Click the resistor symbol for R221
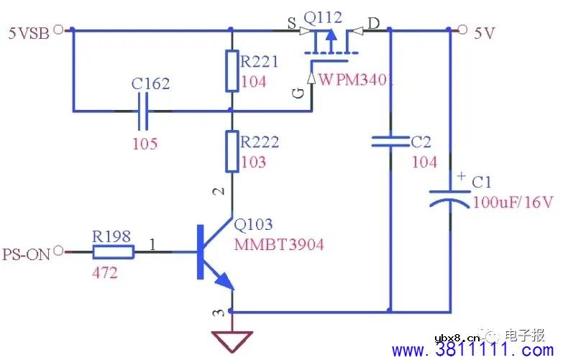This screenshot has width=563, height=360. (232, 71)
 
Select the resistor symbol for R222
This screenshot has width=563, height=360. (232, 151)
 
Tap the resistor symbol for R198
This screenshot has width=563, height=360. (113, 251)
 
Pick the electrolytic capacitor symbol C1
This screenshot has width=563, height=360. (450, 198)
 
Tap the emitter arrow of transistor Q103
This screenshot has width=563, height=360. (224, 281)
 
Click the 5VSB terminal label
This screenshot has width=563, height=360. (28, 32)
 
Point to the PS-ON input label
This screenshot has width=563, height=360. (25, 254)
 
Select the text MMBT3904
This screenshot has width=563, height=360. (279, 245)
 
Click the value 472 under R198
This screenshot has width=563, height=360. (105, 274)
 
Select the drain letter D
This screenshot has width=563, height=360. (374, 24)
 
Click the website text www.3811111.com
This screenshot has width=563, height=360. (475, 350)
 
